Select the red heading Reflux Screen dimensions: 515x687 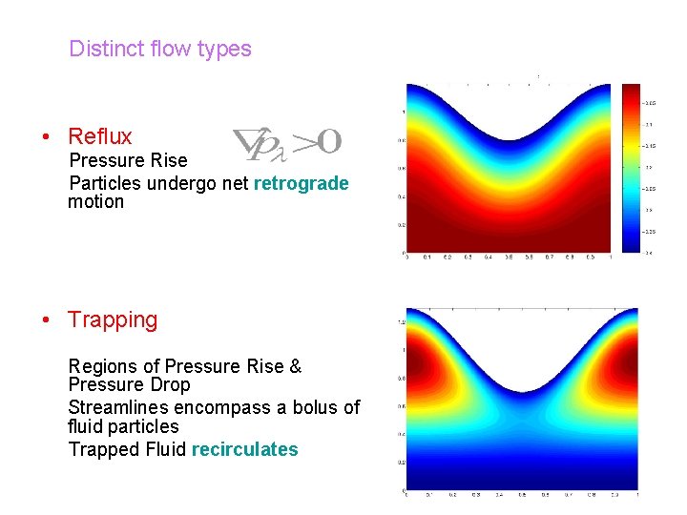click(100, 136)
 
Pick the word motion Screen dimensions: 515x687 click(95, 201)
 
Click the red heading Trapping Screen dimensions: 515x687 click(113, 319)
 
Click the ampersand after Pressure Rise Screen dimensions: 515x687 click(295, 366)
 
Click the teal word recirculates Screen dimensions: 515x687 click(244, 449)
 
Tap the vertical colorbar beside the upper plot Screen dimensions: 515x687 click(632, 168)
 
